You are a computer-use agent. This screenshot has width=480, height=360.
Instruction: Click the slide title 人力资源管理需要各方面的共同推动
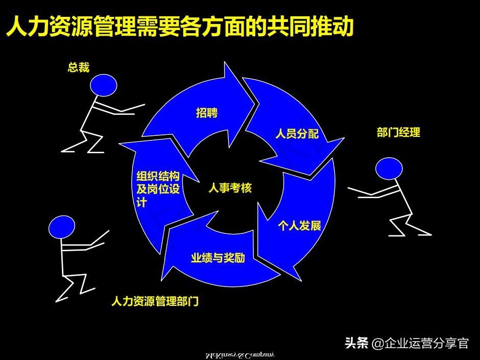click(x=179, y=26)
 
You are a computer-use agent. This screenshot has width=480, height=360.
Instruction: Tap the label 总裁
click(x=79, y=67)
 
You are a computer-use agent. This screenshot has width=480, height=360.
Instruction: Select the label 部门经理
click(x=398, y=133)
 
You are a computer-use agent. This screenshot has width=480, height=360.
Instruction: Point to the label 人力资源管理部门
click(x=155, y=301)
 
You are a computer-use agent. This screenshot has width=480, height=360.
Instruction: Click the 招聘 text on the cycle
click(x=207, y=113)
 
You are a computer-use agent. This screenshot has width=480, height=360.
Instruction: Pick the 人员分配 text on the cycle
click(x=297, y=134)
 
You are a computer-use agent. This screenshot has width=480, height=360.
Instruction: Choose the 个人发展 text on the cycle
click(x=299, y=225)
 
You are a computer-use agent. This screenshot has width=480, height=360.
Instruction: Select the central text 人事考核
click(x=230, y=188)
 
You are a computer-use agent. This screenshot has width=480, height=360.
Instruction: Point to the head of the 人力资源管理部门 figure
click(x=62, y=227)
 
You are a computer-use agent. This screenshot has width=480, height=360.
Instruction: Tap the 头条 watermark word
click(x=357, y=343)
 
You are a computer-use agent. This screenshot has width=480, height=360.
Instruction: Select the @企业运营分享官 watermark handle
click(x=420, y=343)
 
